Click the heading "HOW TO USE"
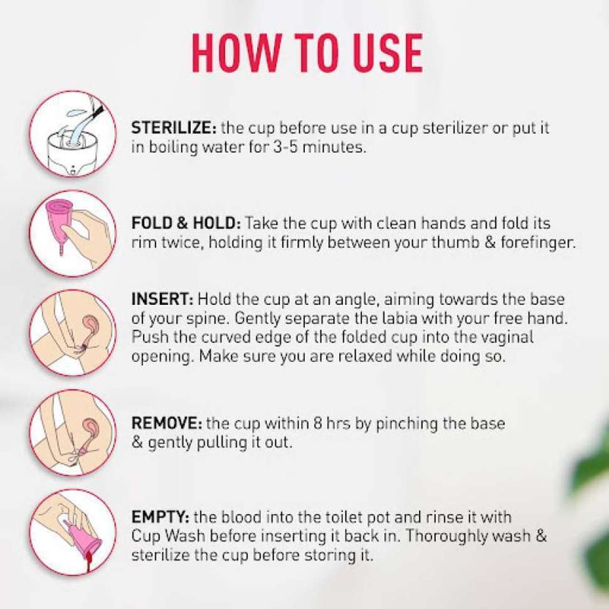pos(307,53)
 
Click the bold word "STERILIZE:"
pos(174,128)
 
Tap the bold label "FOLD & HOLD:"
pos(186,223)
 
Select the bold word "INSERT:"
pos(162,299)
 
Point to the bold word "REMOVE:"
pos(167,423)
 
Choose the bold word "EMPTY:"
pos(160,517)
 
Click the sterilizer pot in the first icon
pos(72,152)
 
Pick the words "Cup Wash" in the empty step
pos(168,536)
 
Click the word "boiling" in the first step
pos(174,148)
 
